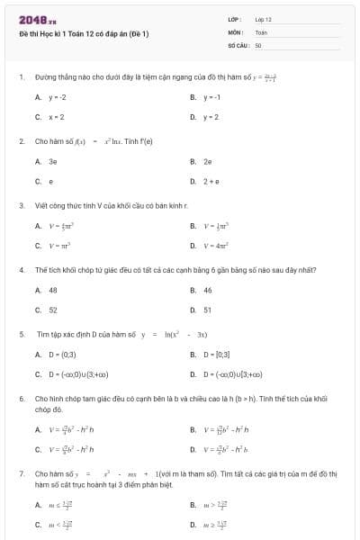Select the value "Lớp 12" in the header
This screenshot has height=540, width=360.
point(264,19)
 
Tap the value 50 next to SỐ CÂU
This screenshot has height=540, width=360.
point(258,44)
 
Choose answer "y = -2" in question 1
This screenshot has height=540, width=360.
point(58,97)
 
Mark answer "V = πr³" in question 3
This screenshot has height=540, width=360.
point(60,245)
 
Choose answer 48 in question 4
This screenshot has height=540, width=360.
point(53,290)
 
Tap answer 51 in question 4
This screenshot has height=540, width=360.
point(208,310)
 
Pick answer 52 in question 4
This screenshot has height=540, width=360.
point(53,310)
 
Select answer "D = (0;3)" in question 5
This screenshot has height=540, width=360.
point(62,355)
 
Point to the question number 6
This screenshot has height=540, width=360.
point(21,398)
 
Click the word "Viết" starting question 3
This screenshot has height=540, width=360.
point(40,205)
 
